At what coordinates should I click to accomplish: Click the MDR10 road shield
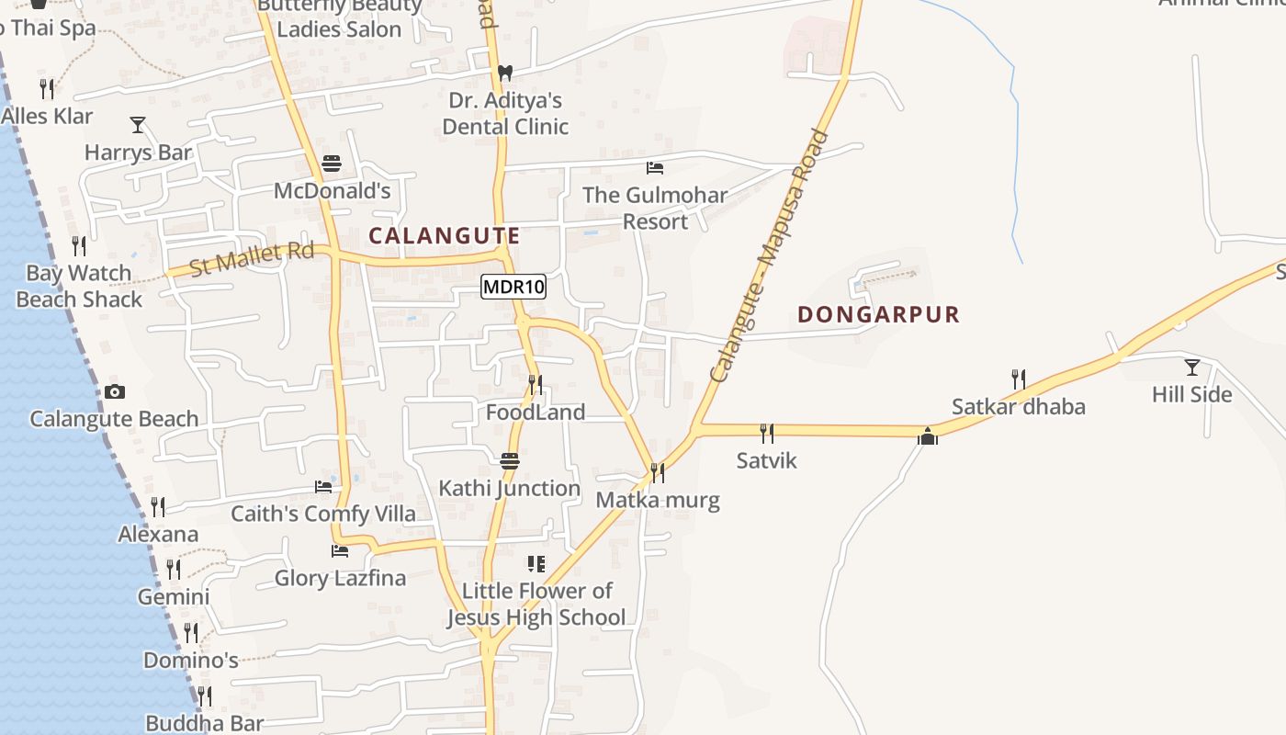click(513, 287)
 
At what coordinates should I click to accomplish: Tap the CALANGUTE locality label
click(445, 236)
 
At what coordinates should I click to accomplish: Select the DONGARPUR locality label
click(878, 314)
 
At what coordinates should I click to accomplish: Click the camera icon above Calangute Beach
click(114, 391)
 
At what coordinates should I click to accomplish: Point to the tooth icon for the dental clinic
click(504, 73)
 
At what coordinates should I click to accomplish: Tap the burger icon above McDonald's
click(332, 164)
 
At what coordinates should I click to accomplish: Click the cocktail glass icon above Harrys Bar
click(138, 125)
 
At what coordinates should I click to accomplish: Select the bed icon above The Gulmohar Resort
click(655, 168)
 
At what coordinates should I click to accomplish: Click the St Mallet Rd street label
click(252, 258)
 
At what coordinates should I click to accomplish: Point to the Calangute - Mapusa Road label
click(770, 255)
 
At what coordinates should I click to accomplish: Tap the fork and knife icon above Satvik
click(766, 433)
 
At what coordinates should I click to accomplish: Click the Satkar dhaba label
click(1018, 406)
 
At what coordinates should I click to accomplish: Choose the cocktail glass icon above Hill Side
click(1191, 367)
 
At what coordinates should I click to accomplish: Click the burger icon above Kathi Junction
click(509, 460)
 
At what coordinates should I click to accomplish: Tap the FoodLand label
click(535, 413)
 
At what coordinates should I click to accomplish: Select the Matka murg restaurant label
click(657, 501)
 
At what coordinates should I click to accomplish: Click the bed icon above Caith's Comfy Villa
click(323, 487)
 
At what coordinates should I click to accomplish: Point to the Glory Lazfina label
click(340, 578)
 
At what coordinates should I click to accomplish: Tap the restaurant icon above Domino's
click(190, 632)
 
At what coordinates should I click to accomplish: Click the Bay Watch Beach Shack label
click(79, 286)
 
